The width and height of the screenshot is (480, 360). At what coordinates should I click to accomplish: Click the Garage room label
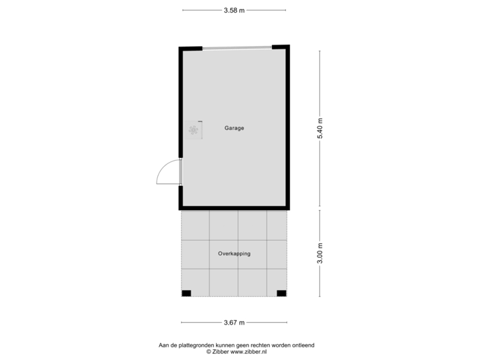click(234, 128)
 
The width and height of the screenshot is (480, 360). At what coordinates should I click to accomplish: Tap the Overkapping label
click(234, 254)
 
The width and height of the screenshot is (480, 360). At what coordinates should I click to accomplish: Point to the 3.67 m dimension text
click(234, 323)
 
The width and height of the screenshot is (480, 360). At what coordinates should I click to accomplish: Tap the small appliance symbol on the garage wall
click(193, 130)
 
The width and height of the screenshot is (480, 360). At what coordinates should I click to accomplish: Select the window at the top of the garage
click(237, 47)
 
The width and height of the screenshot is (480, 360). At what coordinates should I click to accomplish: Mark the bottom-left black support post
click(186, 293)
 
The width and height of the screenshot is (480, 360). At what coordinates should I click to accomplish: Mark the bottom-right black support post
click(281, 293)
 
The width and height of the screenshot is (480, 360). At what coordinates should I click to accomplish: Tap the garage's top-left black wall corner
click(181, 48)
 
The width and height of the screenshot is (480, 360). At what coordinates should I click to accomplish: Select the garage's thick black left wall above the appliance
click(181, 87)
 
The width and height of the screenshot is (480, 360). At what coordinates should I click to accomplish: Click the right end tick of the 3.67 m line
click(288, 323)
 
